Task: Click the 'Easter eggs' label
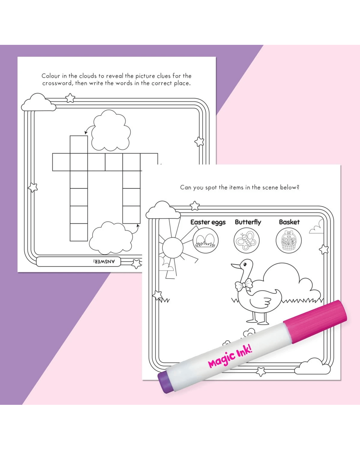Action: click(x=208, y=222)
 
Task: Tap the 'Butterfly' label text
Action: click(x=248, y=222)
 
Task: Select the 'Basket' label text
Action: click(x=289, y=222)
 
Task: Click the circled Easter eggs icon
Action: click(x=206, y=241)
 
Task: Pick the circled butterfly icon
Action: click(x=246, y=241)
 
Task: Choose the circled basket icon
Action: click(x=289, y=241)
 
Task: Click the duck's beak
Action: click(x=236, y=266)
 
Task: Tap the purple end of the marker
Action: click(x=165, y=382)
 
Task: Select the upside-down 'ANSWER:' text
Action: click(x=104, y=261)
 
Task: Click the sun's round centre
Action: click(x=172, y=248)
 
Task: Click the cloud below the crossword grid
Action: click(x=111, y=238)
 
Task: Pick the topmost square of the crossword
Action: click(x=79, y=145)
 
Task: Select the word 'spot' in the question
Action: click(x=211, y=188)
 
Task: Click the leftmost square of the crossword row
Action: click(x=61, y=162)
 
